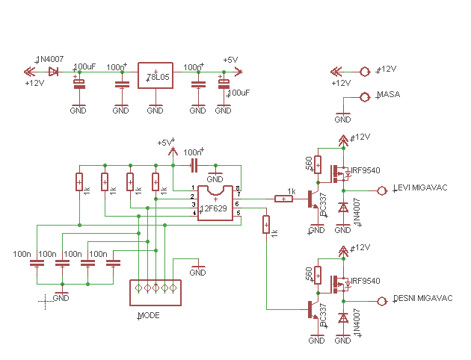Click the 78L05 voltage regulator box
[155, 77]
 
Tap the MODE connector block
[156, 292]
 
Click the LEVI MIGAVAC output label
[420, 187]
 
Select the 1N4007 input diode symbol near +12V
[53, 72]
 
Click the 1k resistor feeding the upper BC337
[284, 199]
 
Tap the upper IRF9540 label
[366, 170]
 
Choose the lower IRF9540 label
[366, 281]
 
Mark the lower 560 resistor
[318, 274]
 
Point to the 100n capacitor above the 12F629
[194, 164]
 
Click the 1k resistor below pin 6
[265, 225]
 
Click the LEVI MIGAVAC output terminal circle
[383, 190]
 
